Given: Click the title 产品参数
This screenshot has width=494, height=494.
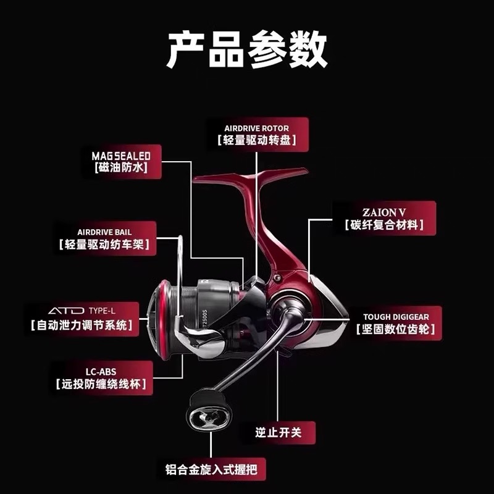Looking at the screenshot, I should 247,51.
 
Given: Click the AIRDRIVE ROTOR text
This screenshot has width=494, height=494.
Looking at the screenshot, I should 256,128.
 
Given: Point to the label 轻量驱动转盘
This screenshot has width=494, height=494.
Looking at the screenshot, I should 256,141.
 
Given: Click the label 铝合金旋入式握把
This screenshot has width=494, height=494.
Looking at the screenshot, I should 211,469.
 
